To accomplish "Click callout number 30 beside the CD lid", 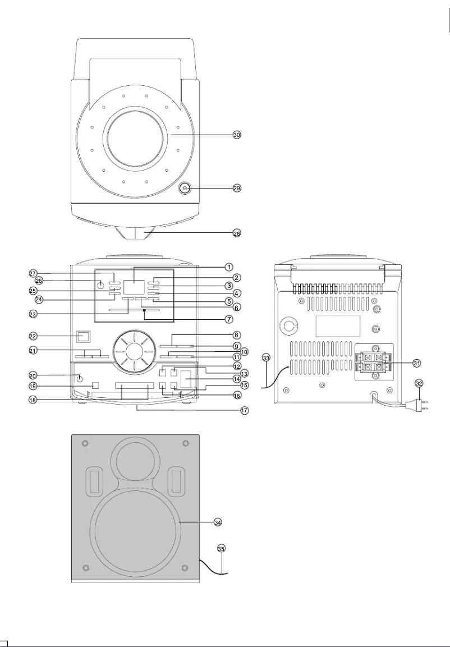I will [237, 135].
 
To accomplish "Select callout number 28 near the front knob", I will [237, 232].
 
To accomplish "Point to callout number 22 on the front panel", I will [33, 336].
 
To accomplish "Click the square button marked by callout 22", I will [84, 337].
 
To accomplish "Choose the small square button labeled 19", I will [95, 386].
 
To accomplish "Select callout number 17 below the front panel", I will [245, 411].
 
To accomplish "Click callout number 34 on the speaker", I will [218, 522].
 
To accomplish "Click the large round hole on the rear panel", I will [290, 325].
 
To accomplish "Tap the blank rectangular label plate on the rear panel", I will [338, 325].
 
